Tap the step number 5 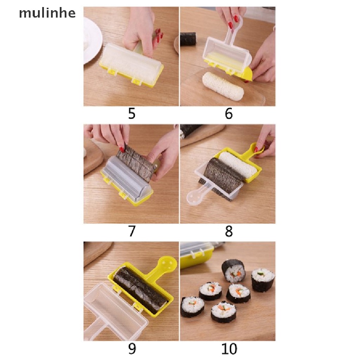click(131, 114)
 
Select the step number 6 click(229, 114)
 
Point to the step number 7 click(131, 232)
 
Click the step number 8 click(229, 232)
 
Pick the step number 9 click(131, 349)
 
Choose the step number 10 click(229, 349)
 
